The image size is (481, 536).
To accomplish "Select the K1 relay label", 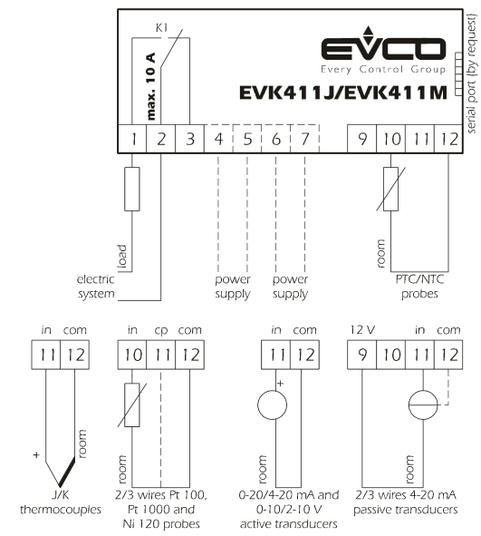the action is [161, 28].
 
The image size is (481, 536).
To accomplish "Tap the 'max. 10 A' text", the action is [150, 86].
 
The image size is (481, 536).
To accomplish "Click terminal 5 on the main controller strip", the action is [247, 139].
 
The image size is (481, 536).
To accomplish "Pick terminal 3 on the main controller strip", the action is [190, 139].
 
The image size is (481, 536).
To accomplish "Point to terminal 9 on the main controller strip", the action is [361, 139].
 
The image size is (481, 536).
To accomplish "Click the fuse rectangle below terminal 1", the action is [132, 189].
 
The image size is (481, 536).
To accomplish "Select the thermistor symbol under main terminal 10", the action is [391, 189].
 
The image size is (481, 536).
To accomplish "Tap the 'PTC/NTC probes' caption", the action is [419, 287].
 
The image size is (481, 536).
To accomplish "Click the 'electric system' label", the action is [96, 287].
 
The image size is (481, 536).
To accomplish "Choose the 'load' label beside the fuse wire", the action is [122, 257].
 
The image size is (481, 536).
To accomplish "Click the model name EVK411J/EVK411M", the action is [343, 93].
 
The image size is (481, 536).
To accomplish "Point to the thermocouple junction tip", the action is [60, 486].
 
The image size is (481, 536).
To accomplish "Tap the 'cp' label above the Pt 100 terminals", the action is [161, 331].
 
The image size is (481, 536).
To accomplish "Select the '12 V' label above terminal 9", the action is [362, 330].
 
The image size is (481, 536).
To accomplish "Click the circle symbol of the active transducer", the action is [272, 405].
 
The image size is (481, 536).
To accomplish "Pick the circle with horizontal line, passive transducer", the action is [423, 405].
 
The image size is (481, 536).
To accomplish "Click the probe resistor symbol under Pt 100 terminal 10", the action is [132, 405].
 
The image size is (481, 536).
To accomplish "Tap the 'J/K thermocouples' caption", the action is [61, 502].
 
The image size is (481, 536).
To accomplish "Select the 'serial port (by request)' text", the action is [471, 73].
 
